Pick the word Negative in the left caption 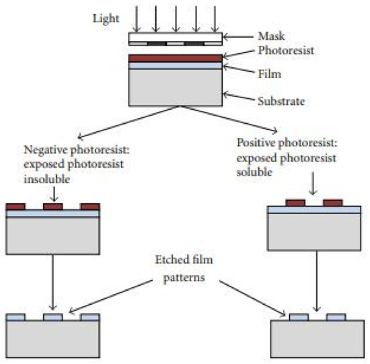[44, 149]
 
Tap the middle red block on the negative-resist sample [53, 207]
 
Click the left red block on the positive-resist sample [295, 202]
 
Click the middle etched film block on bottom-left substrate [53, 316]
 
